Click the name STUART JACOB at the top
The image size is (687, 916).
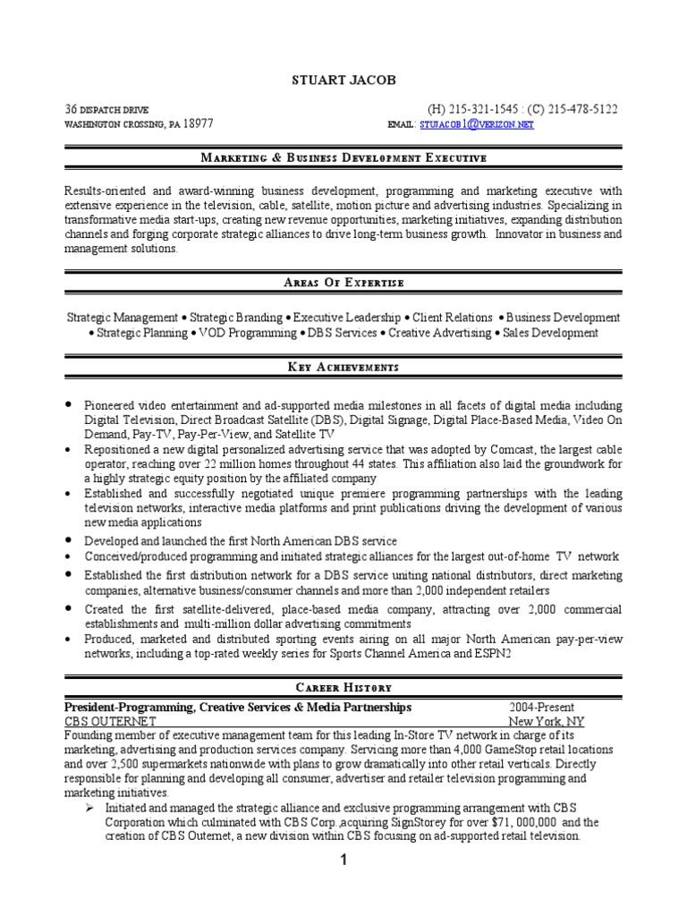pos(343,81)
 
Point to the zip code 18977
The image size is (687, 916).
pos(198,124)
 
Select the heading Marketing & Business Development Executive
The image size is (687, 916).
pos(343,158)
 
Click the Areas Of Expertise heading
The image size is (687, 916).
pos(343,283)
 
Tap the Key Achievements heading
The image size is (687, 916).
pos(343,368)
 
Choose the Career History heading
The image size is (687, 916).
pos(343,687)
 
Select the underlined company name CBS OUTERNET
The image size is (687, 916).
pos(110,721)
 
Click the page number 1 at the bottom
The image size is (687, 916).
pos(343,861)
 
